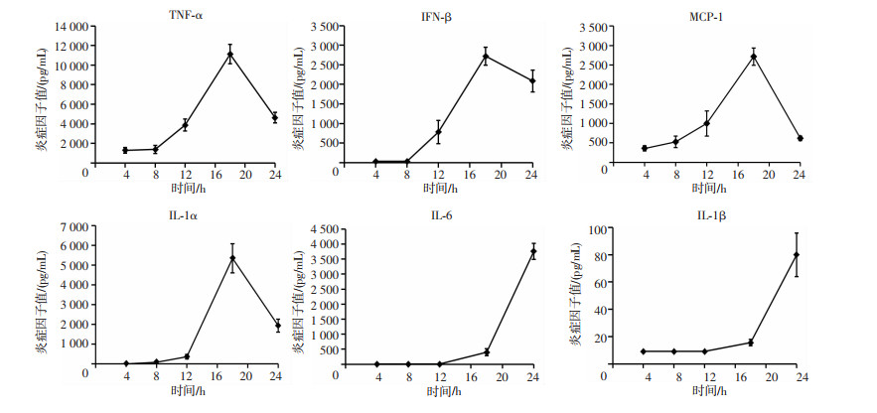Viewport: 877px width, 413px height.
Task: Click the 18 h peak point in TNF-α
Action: [230, 55]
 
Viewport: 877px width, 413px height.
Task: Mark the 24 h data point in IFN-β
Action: [532, 81]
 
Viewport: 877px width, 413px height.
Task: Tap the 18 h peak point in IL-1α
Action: [231, 258]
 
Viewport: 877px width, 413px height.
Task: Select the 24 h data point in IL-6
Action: [533, 252]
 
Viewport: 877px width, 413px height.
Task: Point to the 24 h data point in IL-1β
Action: [797, 255]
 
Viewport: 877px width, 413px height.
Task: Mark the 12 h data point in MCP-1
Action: [707, 123]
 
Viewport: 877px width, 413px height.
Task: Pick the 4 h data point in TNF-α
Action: [125, 151]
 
